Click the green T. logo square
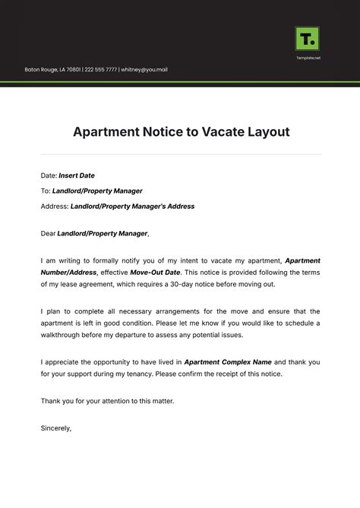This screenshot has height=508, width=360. point(307,38)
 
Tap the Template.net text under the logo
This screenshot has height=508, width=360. point(307,58)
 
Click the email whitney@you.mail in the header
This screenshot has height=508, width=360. point(144,70)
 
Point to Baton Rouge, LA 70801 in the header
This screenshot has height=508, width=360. point(52,70)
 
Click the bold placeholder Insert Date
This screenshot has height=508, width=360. point(77,175)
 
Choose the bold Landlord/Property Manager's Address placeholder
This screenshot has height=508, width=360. point(132,206)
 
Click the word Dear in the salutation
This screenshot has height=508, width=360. point(48,234)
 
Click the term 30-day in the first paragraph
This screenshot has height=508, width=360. point(228,284)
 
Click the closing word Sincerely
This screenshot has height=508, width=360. point(56,428)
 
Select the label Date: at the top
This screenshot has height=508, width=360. point(49,175)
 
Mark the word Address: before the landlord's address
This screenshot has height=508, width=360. point(55,206)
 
